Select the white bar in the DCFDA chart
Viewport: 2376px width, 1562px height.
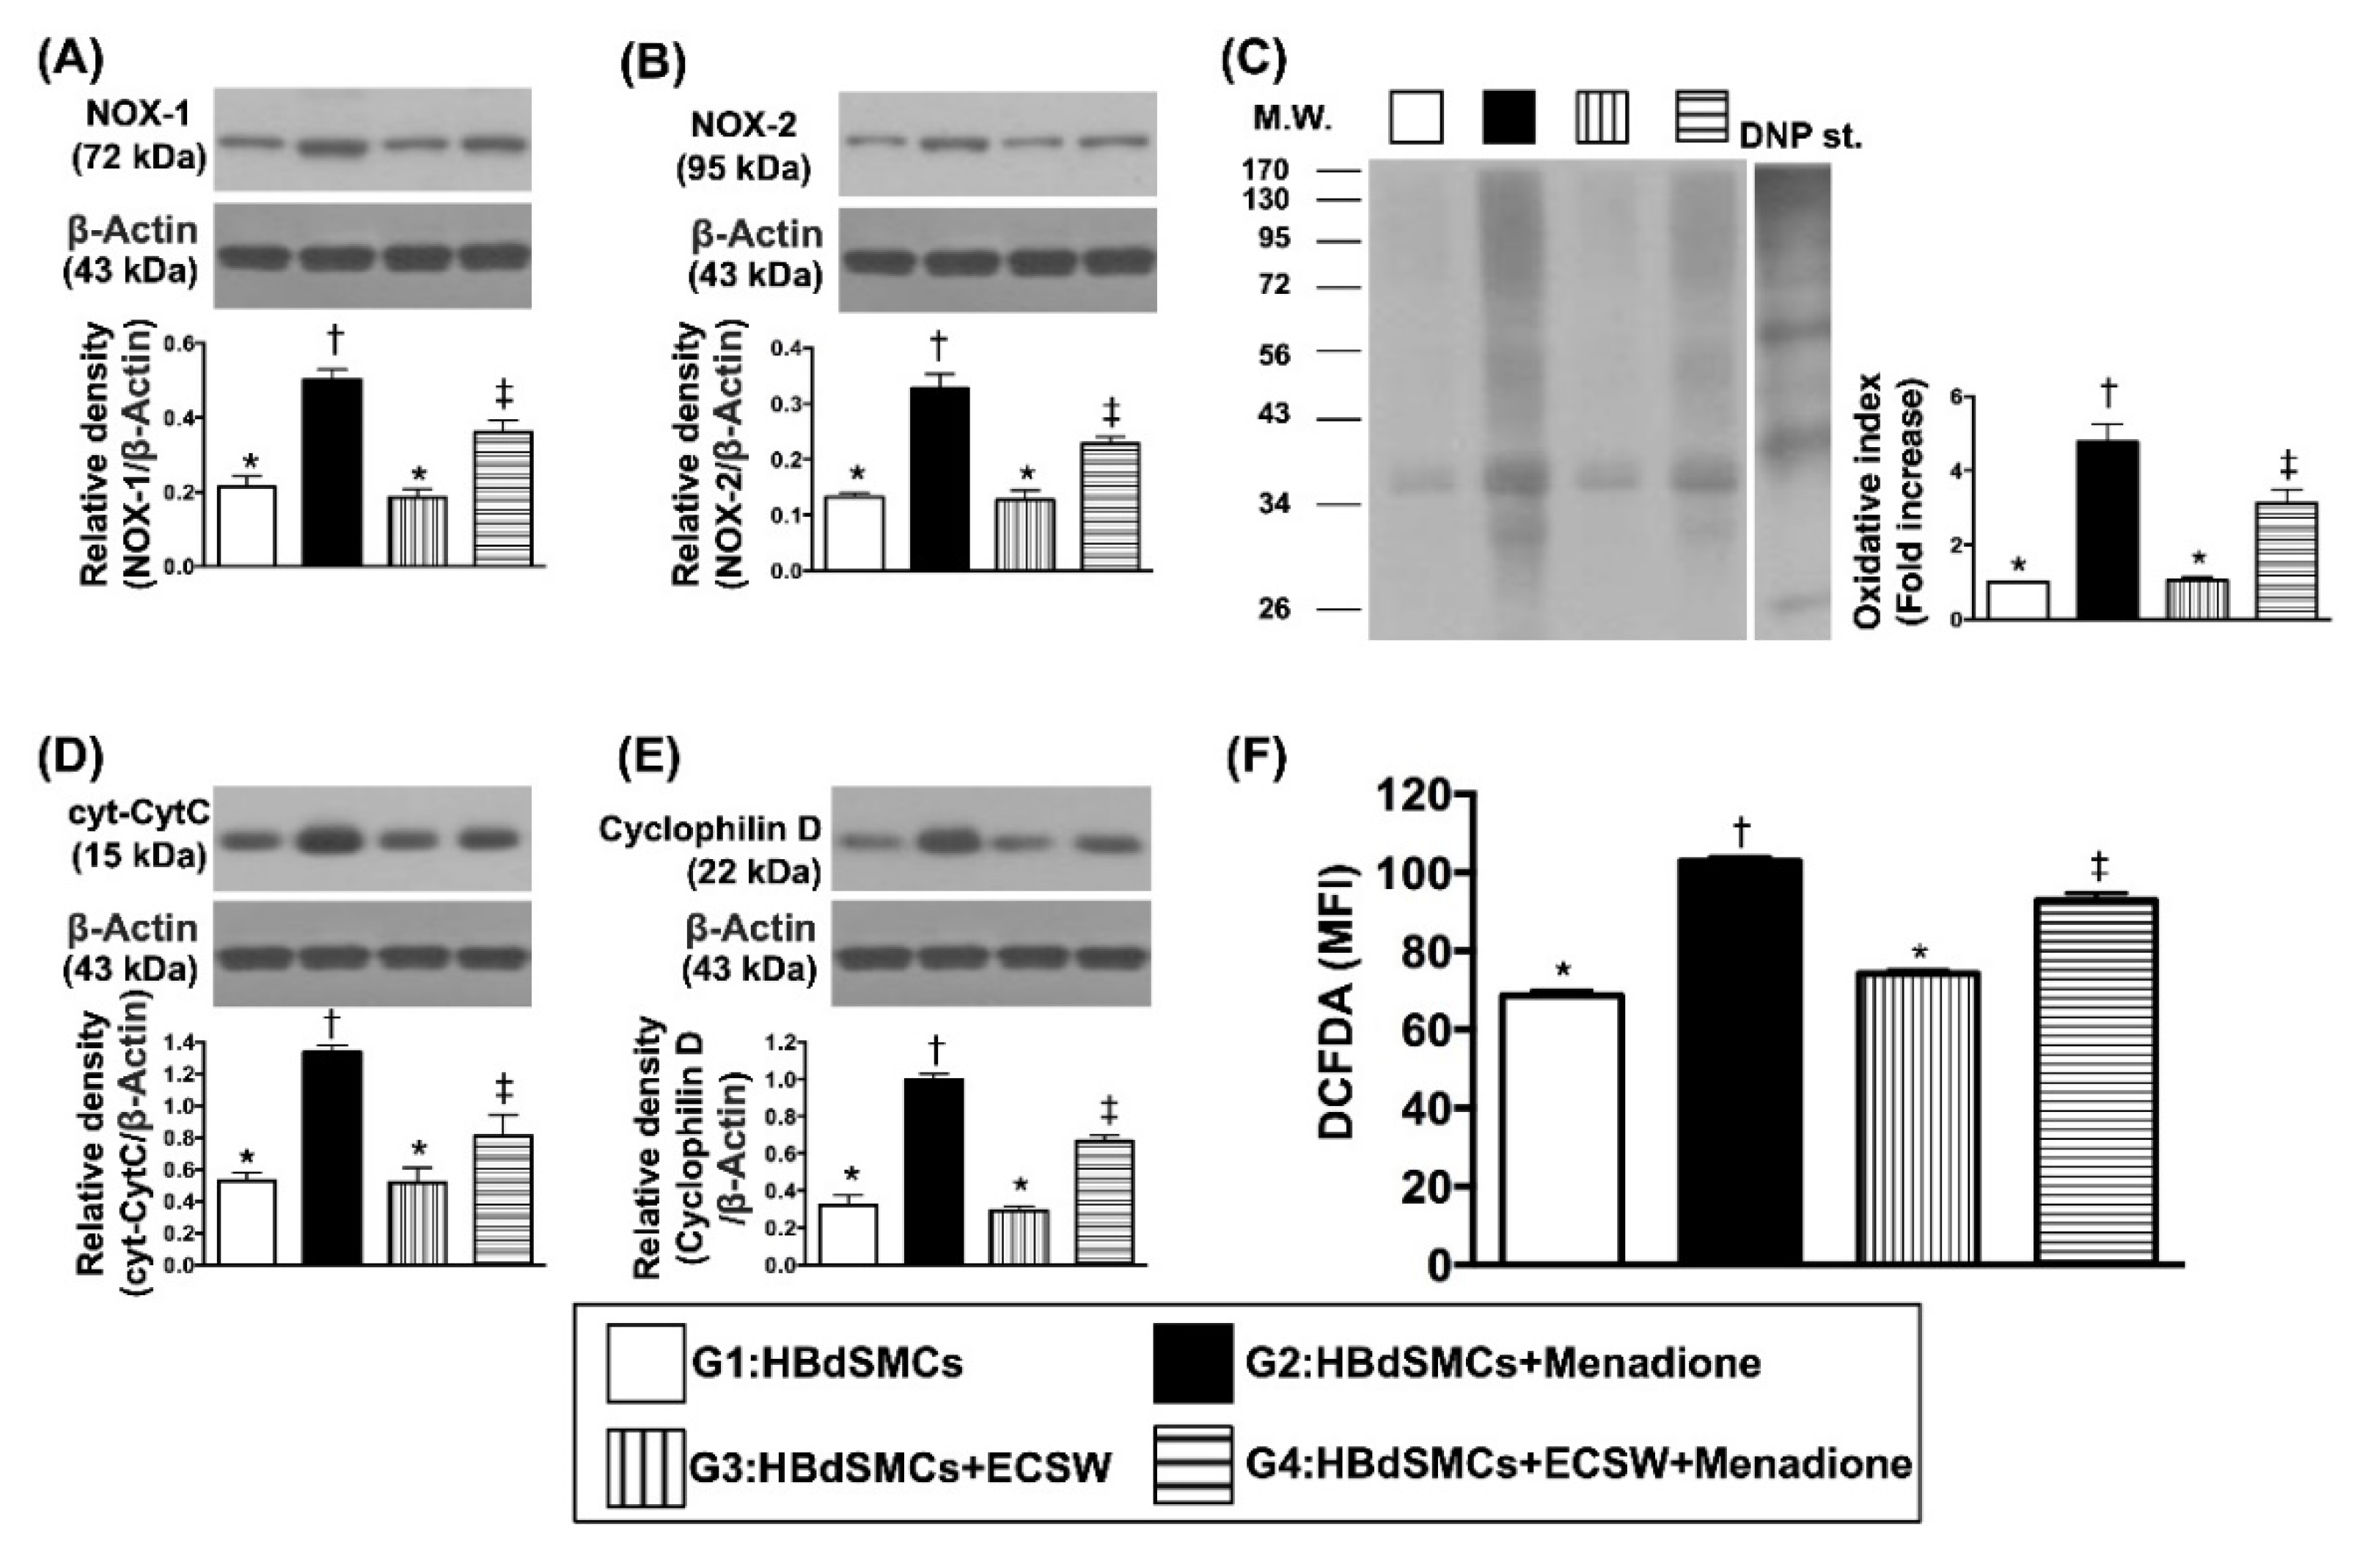click(x=1563, y=1128)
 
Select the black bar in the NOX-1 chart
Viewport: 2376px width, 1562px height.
click(x=332, y=472)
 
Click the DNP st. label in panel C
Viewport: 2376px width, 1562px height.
click(x=1800, y=137)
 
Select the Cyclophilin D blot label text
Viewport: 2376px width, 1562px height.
click(x=710, y=830)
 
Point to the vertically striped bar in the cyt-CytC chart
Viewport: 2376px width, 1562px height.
click(x=418, y=1223)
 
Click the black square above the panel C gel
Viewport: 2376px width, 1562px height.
click(x=1508, y=118)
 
